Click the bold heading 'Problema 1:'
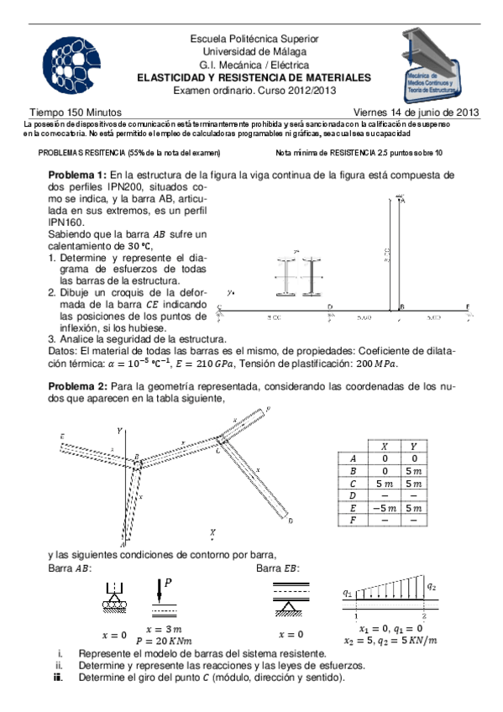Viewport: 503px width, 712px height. click(77, 175)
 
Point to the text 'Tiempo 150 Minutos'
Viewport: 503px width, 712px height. click(76, 112)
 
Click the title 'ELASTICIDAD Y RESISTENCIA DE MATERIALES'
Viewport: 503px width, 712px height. click(254, 77)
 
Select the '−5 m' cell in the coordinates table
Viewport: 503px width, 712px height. click(385, 507)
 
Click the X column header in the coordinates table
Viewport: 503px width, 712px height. click(385, 446)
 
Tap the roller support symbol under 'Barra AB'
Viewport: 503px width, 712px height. click(113, 600)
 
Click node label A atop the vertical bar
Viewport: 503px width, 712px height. click(404, 200)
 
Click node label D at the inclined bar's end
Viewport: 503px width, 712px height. click(290, 521)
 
